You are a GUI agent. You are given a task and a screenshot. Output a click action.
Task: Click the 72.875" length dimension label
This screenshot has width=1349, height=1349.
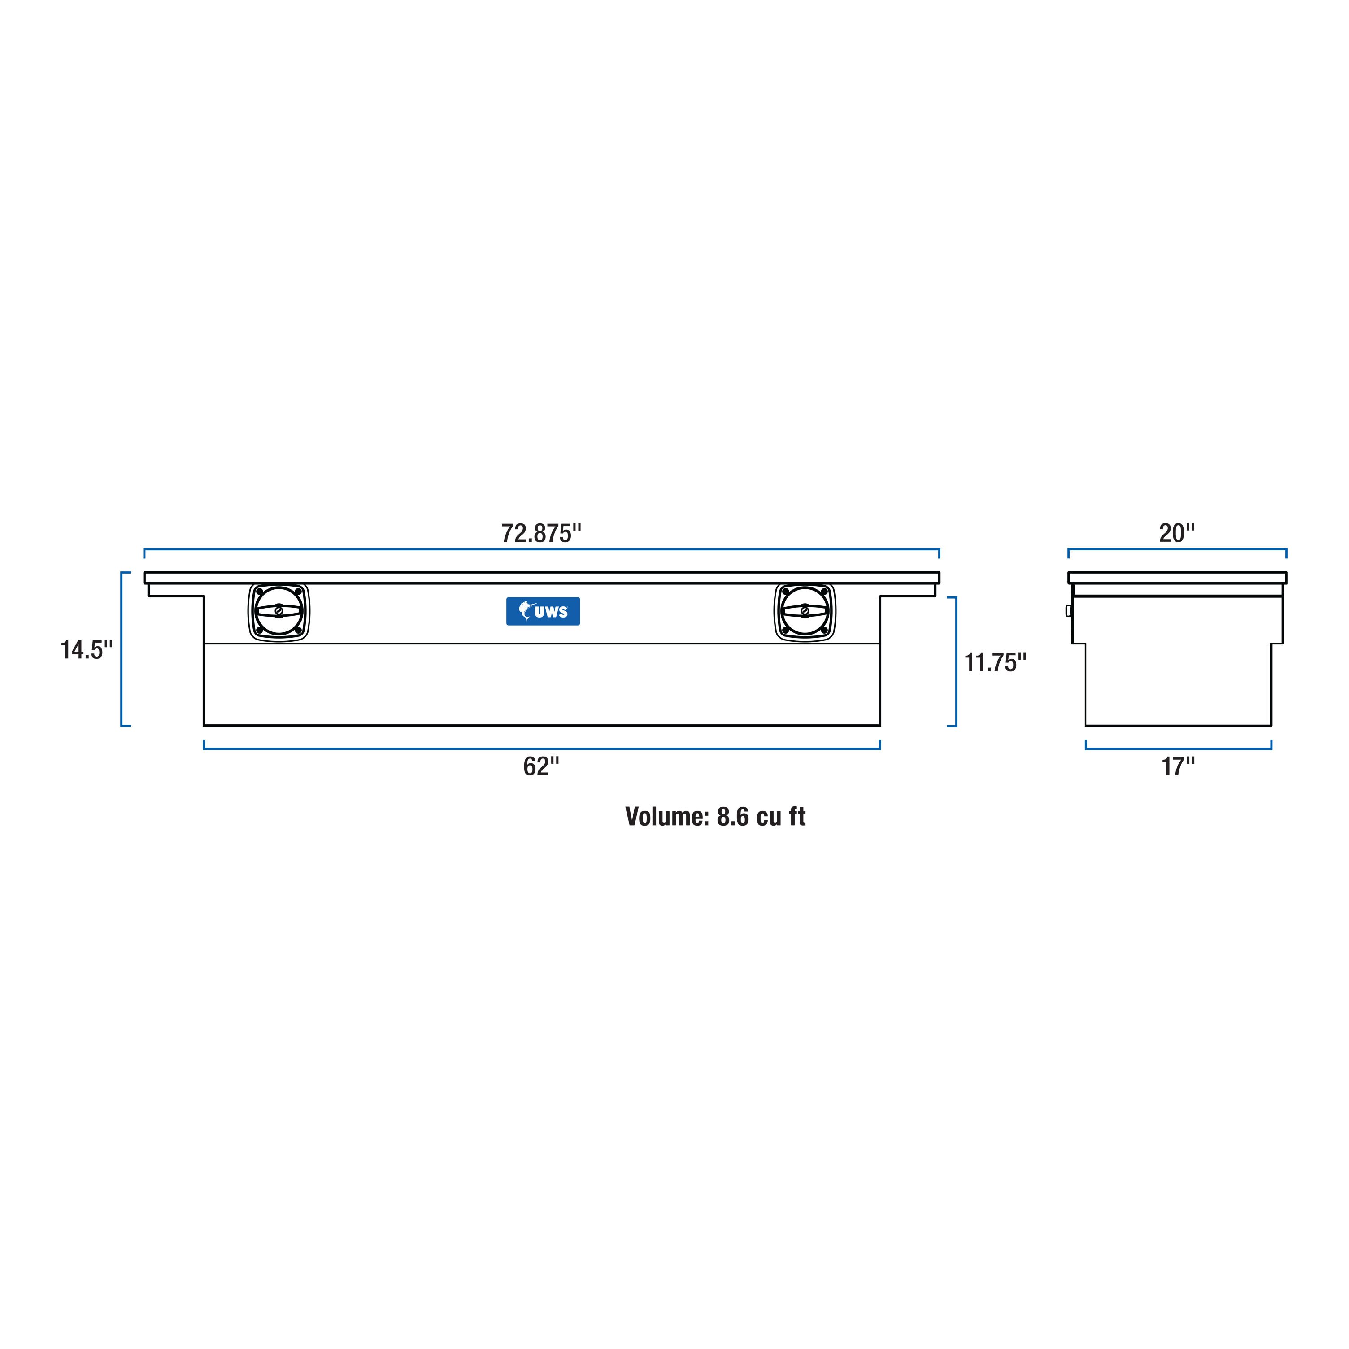[x=541, y=533]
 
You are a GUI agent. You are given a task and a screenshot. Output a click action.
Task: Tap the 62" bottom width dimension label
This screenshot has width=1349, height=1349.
[x=541, y=767]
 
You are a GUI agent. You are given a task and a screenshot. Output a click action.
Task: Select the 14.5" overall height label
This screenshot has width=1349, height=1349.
[x=86, y=650]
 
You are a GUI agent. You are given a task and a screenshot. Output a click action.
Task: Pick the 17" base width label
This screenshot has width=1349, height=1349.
[x=1178, y=767]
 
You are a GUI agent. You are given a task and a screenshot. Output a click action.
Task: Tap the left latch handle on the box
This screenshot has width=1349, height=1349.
[x=279, y=612]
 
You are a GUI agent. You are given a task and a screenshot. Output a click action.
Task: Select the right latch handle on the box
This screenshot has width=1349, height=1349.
[x=805, y=612]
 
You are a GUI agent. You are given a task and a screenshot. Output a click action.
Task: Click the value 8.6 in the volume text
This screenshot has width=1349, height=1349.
[x=733, y=817]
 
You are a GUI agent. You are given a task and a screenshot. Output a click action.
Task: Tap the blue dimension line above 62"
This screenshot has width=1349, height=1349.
[x=541, y=749]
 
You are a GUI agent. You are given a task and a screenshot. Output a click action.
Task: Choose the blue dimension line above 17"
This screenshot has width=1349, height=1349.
[x=1178, y=749]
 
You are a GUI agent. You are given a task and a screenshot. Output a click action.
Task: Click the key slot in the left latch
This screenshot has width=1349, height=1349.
[x=279, y=612]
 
